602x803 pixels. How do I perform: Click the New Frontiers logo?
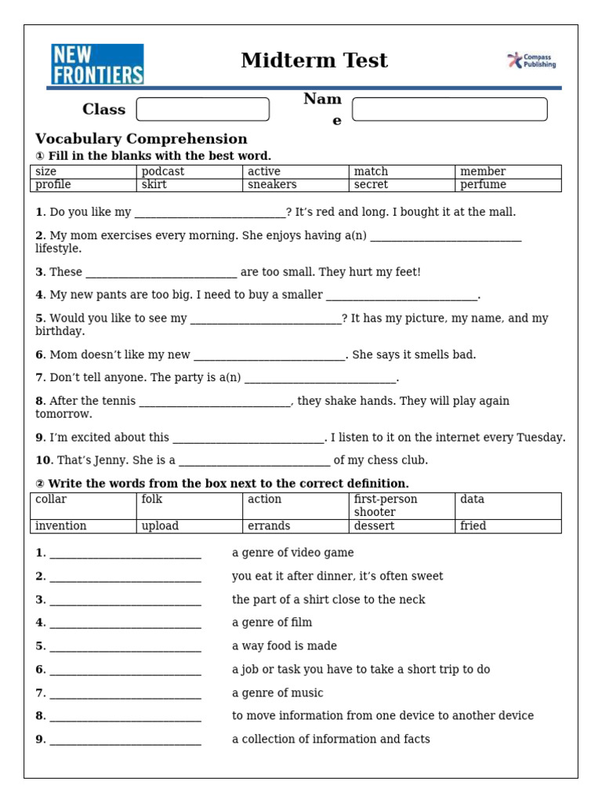pyautogui.click(x=97, y=64)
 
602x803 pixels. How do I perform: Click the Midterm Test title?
pyautogui.click(x=314, y=61)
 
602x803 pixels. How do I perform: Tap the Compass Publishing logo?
pyautogui.click(x=531, y=61)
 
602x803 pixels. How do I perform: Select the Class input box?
pyautogui.click(x=202, y=110)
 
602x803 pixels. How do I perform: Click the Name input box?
pyautogui.click(x=449, y=110)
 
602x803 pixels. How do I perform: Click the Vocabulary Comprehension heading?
pyautogui.click(x=141, y=139)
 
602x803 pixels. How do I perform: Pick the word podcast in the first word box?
pyautogui.click(x=163, y=172)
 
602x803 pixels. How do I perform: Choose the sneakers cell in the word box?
pyautogui.click(x=272, y=185)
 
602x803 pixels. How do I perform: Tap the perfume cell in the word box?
pyautogui.click(x=483, y=185)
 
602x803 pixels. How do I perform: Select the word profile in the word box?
pyautogui.click(x=53, y=185)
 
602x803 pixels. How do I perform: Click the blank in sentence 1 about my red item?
pyautogui.click(x=210, y=213)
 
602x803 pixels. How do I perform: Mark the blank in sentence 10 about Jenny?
pyautogui.click(x=254, y=461)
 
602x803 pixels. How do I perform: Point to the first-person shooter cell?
pyautogui.click(x=386, y=506)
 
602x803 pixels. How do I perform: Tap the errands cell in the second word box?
pyautogui.click(x=269, y=526)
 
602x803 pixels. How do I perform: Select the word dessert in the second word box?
pyautogui.click(x=374, y=526)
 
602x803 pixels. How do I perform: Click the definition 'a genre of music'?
pyautogui.click(x=277, y=693)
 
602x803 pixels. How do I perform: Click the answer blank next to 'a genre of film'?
pyautogui.click(x=125, y=623)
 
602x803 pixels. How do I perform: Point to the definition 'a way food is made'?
pyautogui.click(x=285, y=646)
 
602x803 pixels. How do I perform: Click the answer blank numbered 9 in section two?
pyautogui.click(x=125, y=740)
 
